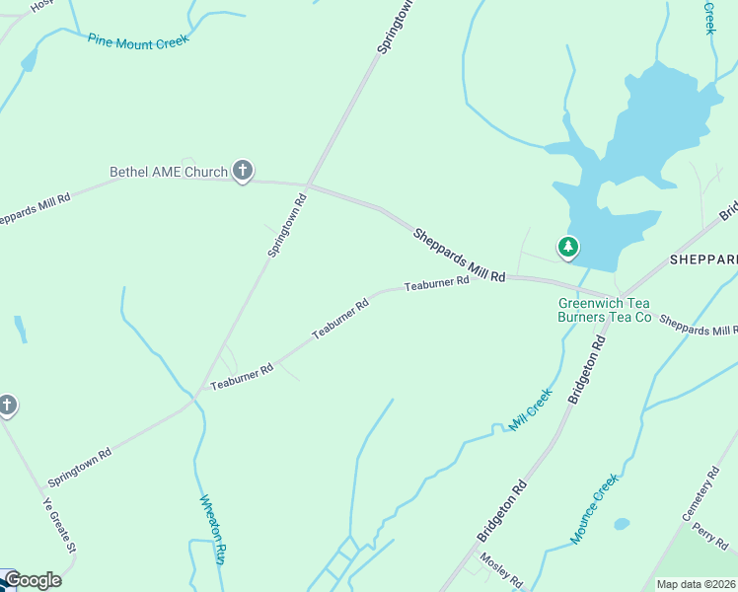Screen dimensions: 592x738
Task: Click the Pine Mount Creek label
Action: [x=137, y=40]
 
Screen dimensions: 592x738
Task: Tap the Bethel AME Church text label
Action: [x=169, y=173]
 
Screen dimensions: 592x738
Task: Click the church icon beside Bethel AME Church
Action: [x=243, y=171]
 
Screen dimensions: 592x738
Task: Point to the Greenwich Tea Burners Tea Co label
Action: [x=605, y=310]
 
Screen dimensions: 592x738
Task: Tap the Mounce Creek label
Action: [x=593, y=508]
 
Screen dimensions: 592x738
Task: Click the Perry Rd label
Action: [x=709, y=536]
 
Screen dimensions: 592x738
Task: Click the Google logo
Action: [x=33, y=580]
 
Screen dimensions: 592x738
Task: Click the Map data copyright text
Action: [x=697, y=584]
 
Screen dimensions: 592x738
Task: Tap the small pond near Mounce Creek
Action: [x=621, y=524]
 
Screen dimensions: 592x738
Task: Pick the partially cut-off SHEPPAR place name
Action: [x=703, y=259]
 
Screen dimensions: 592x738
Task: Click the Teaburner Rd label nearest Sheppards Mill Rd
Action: [x=436, y=283]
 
